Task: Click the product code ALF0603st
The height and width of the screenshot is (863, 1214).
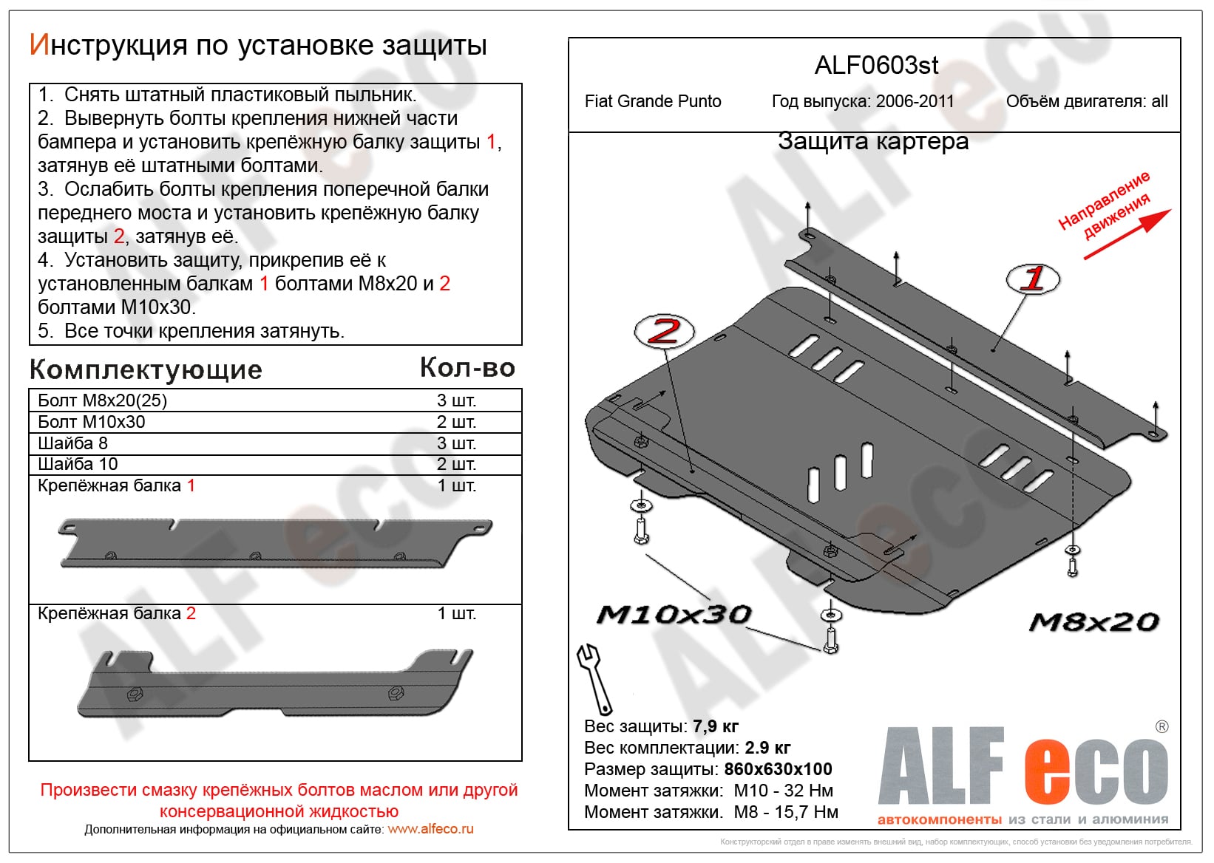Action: (x=876, y=66)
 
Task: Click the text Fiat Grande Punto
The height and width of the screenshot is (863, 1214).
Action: (x=653, y=101)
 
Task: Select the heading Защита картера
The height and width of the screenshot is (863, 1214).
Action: (x=872, y=141)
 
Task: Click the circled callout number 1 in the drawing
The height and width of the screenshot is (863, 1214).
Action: (x=1033, y=279)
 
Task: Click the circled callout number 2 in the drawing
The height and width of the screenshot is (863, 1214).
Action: (x=664, y=331)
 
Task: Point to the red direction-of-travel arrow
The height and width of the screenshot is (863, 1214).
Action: (x=1128, y=234)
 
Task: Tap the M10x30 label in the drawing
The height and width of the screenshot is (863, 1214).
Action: (x=674, y=615)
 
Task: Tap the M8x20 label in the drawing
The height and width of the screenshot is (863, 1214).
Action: (x=1093, y=622)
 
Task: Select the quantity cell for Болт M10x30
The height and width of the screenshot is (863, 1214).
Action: (x=456, y=422)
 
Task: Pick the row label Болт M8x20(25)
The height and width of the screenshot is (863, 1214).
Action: (x=102, y=400)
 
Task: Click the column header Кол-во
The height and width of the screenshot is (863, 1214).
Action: (x=467, y=367)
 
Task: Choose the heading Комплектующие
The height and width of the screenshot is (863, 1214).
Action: (x=146, y=369)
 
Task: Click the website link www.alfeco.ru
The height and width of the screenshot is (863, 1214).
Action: (x=430, y=829)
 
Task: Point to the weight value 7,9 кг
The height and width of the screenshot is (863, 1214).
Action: (x=715, y=726)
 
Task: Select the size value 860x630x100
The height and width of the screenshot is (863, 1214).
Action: (x=778, y=769)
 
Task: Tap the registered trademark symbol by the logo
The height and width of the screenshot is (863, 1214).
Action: (x=1162, y=726)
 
